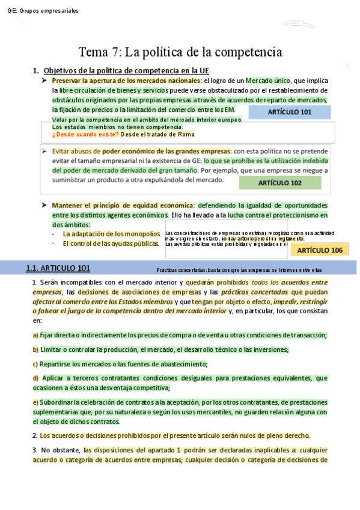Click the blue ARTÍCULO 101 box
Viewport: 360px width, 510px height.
(290, 112)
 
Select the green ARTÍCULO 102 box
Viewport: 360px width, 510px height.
(279, 183)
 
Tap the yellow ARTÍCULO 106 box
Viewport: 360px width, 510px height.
(320, 250)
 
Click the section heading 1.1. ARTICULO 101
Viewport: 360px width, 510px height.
(58, 268)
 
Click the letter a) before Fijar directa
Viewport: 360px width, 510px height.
(35, 335)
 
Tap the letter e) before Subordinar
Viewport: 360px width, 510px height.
(35, 402)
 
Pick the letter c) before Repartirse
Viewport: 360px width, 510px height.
(35, 363)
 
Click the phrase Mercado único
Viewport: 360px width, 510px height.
(267, 81)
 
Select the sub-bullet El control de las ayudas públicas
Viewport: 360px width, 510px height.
(109, 243)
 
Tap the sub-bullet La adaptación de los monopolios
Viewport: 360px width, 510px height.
(112, 233)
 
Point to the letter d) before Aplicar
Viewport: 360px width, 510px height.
(35, 378)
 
